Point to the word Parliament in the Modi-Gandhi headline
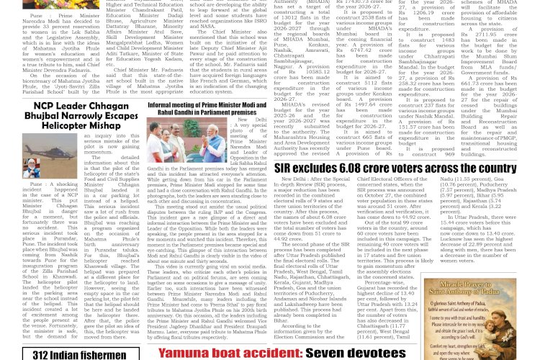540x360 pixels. coord(228,112)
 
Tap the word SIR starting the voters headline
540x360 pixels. coord(283,169)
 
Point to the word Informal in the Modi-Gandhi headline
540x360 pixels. coord(161,104)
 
